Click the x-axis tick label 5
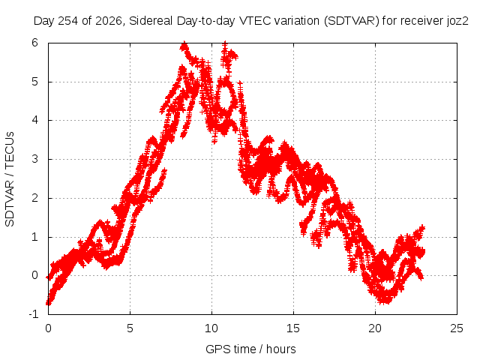point(130,328)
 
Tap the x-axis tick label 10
point(211,328)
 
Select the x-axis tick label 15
point(293,328)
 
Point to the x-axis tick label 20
point(375,328)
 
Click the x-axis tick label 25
point(457,328)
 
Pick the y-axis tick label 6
point(34,43)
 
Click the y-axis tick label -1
point(33,314)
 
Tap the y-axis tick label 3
point(34,159)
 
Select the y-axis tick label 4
point(34,120)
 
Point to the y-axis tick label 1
point(34,237)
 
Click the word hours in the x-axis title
point(281,349)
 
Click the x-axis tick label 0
point(48,328)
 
